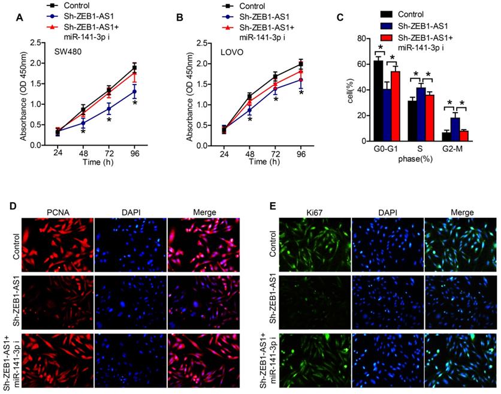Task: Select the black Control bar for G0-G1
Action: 378,101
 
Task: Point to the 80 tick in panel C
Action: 361,38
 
